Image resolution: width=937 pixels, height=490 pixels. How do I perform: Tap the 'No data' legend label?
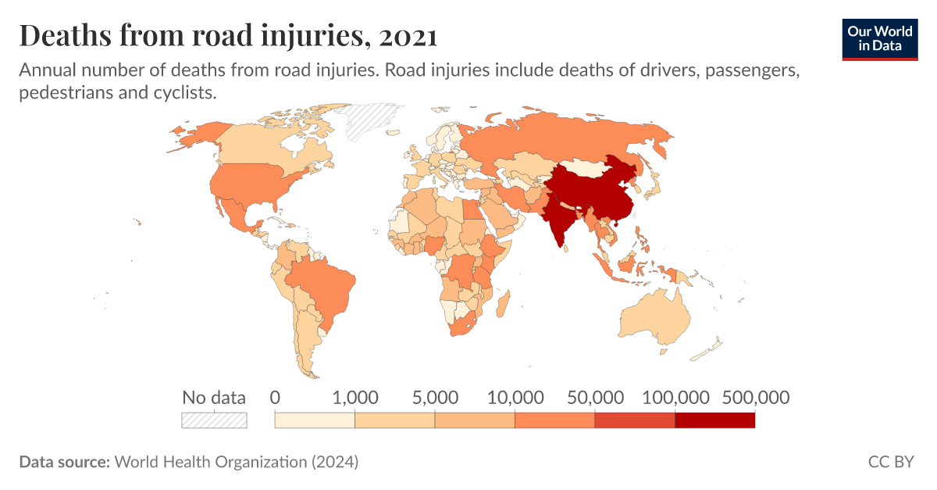click(213, 397)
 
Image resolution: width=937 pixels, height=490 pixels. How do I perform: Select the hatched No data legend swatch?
click(214, 420)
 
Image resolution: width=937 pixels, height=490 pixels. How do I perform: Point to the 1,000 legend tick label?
click(355, 397)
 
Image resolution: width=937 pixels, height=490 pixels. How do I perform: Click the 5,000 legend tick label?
click(435, 397)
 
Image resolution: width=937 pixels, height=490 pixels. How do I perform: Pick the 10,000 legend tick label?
click(515, 397)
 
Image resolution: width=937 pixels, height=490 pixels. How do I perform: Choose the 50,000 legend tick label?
click(595, 397)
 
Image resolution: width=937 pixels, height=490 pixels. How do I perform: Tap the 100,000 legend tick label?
click(675, 397)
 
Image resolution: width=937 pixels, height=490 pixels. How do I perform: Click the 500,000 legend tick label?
click(755, 397)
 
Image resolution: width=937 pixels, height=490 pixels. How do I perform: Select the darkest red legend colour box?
click(714, 420)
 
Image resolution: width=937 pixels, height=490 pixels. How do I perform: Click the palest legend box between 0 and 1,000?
click(315, 420)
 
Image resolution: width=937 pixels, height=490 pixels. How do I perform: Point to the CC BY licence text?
click(890, 462)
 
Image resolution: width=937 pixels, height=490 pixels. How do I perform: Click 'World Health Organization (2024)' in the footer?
click(237, 462)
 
